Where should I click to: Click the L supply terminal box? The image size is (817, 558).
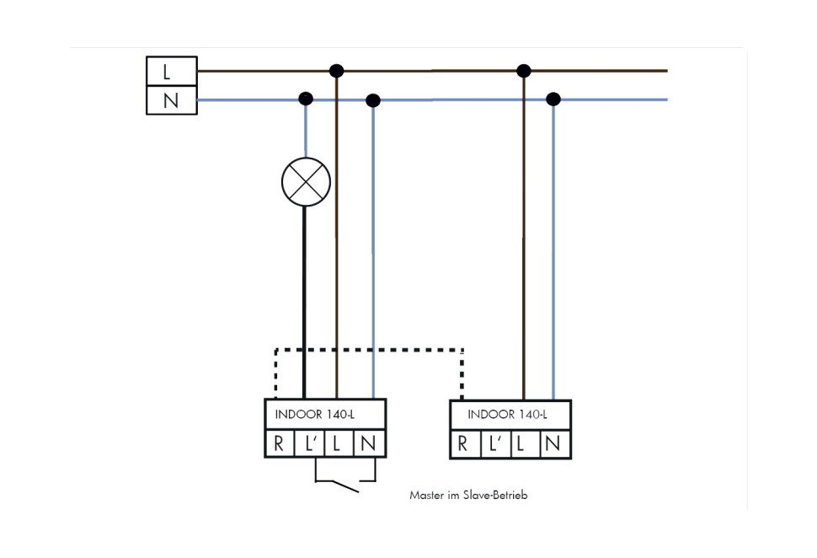point(171,71)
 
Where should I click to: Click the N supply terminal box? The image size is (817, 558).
point(171,100)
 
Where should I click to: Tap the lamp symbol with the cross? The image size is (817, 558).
point(305,181)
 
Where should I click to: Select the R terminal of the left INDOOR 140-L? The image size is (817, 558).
point(279,444)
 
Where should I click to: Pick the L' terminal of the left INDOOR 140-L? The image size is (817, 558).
point(309,444)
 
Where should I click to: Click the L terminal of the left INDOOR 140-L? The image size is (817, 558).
point(338,444)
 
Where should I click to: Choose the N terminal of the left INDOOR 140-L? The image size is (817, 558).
point(369,444)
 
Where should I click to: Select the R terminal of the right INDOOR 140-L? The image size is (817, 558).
point(463,444)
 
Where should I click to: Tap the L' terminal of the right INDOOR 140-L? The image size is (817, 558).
point(494,444)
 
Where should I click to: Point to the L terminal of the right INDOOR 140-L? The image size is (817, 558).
point(522,444)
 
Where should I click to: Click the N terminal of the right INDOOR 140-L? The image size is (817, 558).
point(553,444)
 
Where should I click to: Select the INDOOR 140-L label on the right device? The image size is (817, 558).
point(507,414)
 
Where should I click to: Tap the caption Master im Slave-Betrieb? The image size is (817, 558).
point(468,496)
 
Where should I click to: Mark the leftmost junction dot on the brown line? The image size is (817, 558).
point(336,71)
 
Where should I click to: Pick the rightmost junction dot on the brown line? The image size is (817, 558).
point(524,71)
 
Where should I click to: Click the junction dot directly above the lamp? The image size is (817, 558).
point(306,99)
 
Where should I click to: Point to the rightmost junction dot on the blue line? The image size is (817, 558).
point(553,99)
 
